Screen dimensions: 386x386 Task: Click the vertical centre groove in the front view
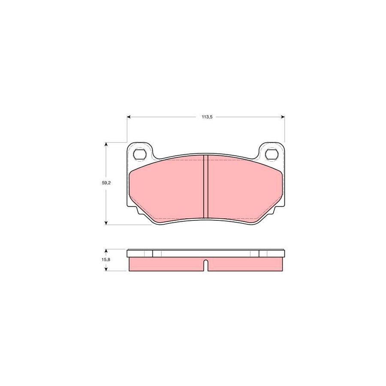coord(205,187)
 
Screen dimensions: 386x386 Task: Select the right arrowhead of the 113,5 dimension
coord(282,116)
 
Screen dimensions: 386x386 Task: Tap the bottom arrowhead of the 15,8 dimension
coord(106,269)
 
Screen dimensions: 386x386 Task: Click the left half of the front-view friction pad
coord(167,189)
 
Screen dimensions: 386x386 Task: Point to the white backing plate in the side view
coord(206,253)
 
